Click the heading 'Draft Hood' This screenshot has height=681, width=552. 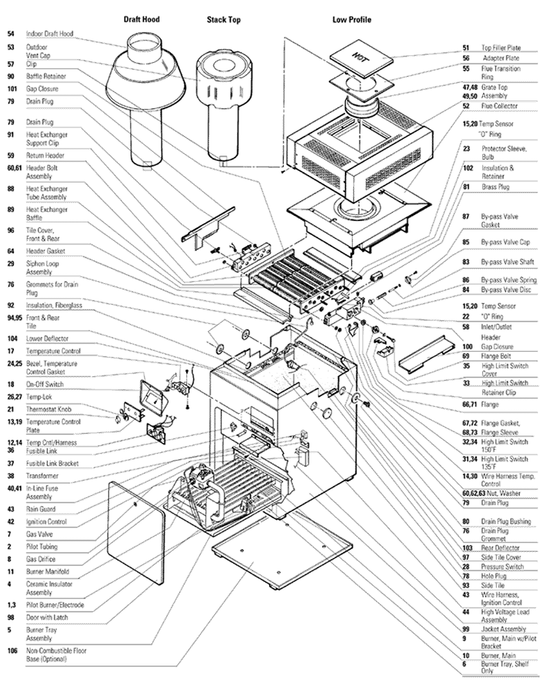pyautogui.click(x=141, y=20)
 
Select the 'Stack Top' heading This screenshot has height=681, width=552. pyautogui.click(x=224, y=20)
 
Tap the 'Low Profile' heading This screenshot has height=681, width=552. pyautogui.click(x=351, y=20)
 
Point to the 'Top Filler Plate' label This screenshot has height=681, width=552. pyautogui.click(x=500, y=47)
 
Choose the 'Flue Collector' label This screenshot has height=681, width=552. pyautogui.click(x=500, y=106)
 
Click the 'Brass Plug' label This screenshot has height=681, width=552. pyautogui.click(x=495, y=187)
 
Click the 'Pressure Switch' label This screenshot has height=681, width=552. pyautogui.click(x=503, y=567)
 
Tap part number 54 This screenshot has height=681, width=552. pyautogui.click(x=10, y=33)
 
